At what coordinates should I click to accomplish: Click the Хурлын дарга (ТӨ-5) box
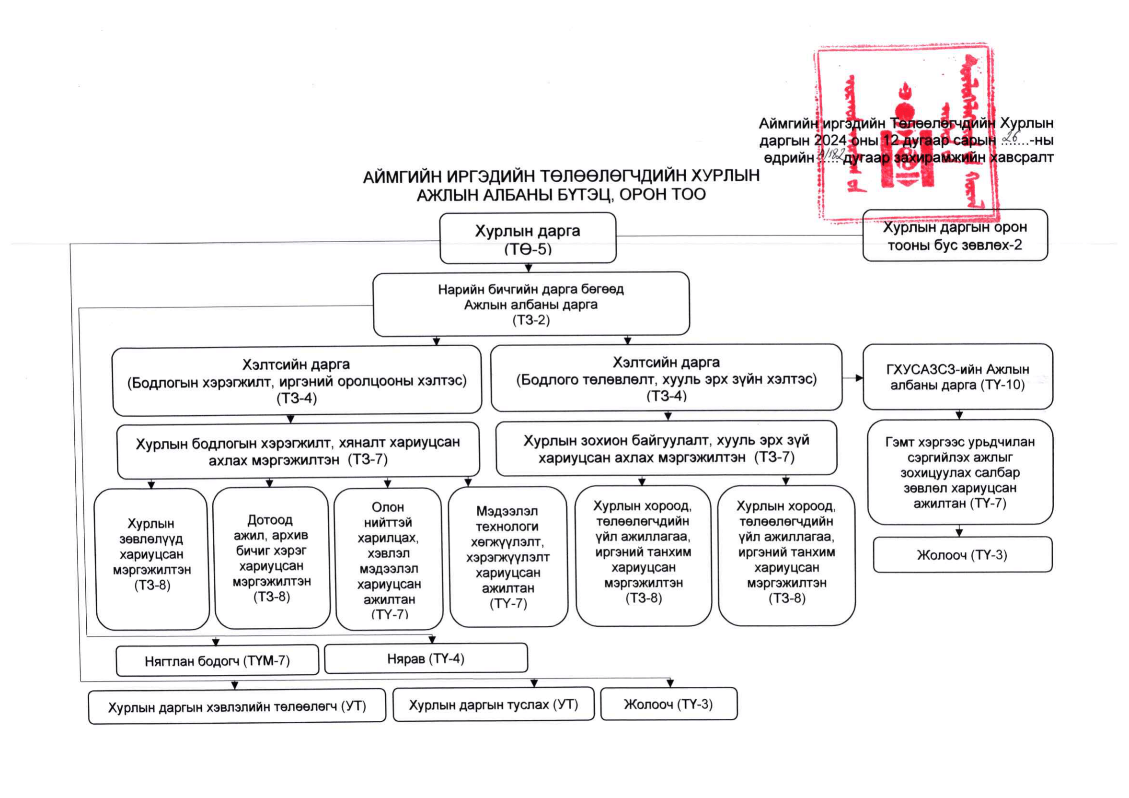coord(528,239)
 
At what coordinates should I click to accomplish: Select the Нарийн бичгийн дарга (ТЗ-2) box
coord(531,304)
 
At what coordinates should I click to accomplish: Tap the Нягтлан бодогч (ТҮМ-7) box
coord(218,660)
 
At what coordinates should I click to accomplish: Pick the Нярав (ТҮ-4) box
coord(426,658)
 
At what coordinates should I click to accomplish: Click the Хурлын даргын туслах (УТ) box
coord(493,704)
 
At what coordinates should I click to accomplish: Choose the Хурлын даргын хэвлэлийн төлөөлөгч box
coord(237,706)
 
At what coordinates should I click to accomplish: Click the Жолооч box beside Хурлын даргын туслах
coord(668,704)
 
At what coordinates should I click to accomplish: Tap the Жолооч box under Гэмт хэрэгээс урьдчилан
coord(962,554)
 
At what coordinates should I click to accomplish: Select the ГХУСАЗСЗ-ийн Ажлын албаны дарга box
coord(957,377)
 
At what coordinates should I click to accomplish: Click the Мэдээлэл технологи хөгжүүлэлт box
coord(508,557)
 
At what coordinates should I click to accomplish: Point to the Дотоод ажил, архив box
coord(271,558)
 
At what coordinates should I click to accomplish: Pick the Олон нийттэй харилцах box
coord(389,559)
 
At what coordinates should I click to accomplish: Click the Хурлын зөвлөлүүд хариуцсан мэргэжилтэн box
coord(152,559)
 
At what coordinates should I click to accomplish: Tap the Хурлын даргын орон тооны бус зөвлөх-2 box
coord(955,235)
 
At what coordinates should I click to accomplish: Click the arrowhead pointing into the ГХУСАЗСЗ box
coord(859,378)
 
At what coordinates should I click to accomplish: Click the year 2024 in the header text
coord(830,141)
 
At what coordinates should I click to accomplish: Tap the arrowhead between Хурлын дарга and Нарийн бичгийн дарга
coord(529,268)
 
